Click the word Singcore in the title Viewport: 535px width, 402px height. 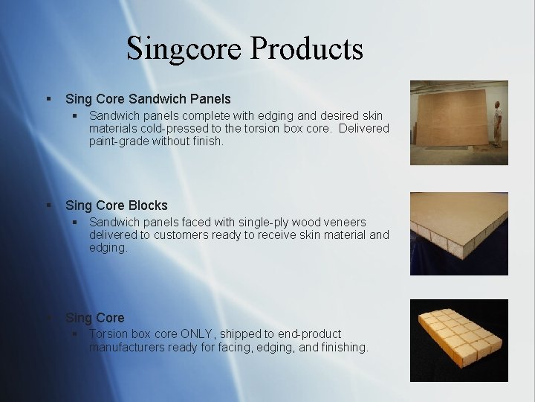click(x=184, y=49)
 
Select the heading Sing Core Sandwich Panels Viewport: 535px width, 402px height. click(x=148, y=98)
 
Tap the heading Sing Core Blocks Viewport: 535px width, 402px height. click(x=116, y=205)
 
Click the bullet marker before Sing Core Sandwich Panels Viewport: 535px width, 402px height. click(x=48, y=98)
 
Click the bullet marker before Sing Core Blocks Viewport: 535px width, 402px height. click(x=48, y=205)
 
